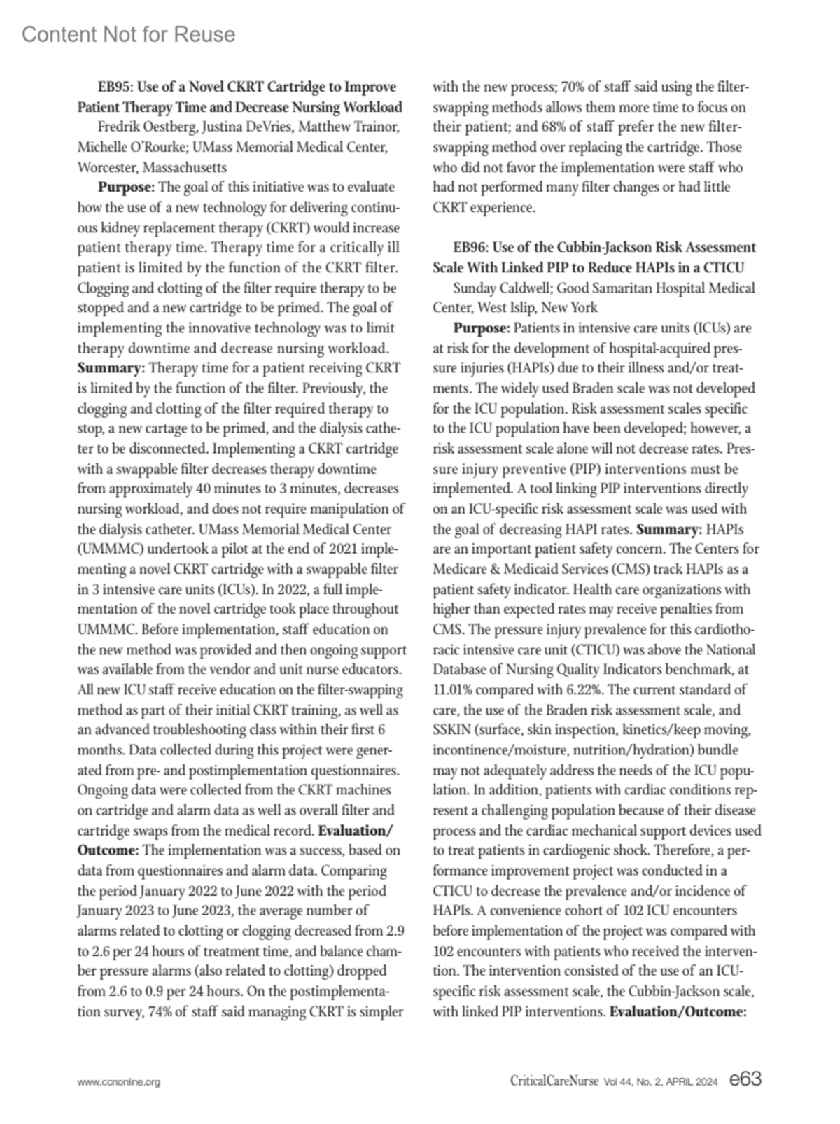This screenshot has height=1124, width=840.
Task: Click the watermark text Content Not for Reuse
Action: (129, 34)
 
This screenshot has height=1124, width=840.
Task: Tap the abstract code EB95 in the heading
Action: (115, 87)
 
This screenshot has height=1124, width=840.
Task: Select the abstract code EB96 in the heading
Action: (470, 247)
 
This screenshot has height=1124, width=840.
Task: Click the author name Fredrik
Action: (119, 127)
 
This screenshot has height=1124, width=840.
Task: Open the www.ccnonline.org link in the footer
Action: (118, 1082)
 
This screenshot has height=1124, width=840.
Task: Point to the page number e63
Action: (745, 1080)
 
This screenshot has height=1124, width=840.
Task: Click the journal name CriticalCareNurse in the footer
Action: (554, 1081)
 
